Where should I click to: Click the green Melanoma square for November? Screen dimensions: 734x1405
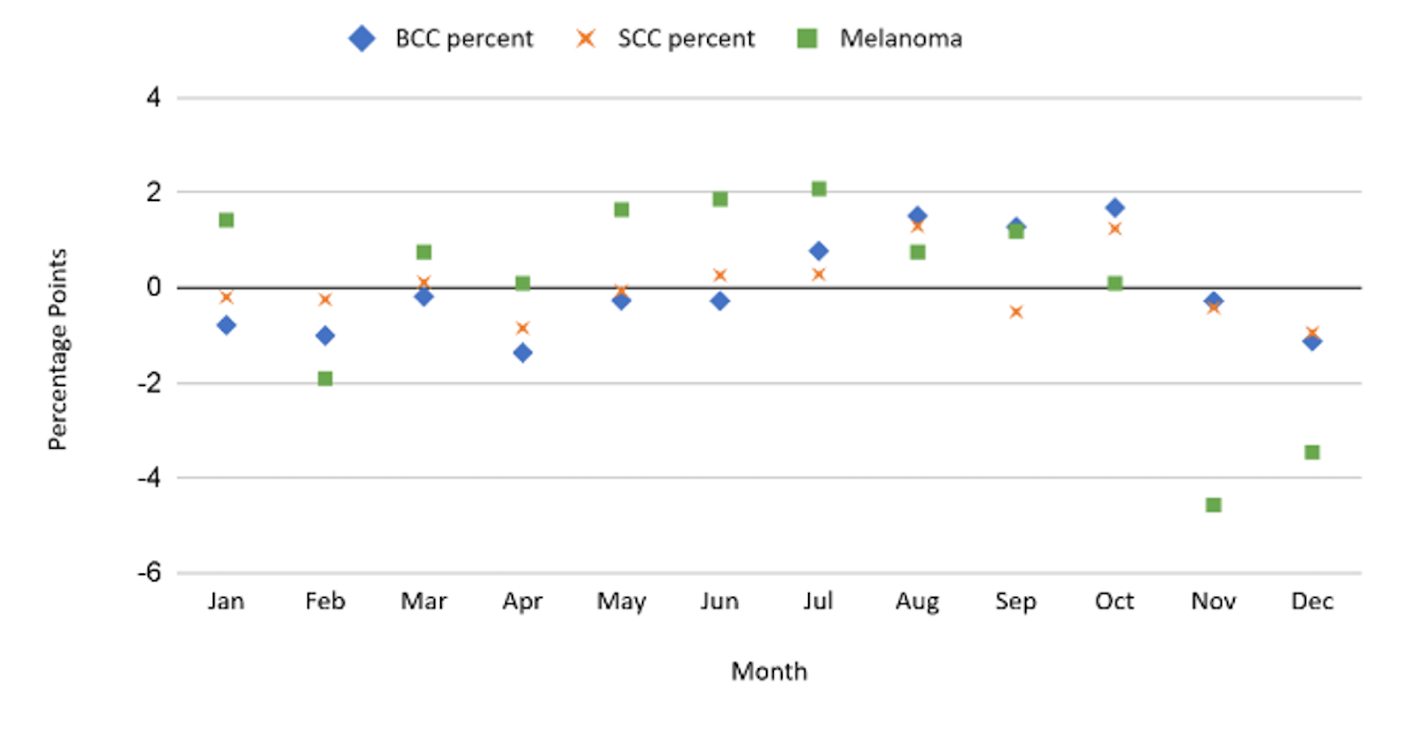pos(1213,505)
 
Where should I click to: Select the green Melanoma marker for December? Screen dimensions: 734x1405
pos(1312,452)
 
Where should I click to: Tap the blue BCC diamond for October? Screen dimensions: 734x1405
pos(1115,208)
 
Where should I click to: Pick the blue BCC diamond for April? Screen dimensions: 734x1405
pos(523,353)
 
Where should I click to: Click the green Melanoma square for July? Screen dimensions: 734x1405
pos(819,189)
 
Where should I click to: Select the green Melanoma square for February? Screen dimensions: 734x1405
pos(325,378)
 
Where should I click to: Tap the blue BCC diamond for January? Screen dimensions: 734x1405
pos(226,325)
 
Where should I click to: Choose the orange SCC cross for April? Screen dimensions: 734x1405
pos(523,328)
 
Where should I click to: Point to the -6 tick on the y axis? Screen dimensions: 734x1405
pos(149,573)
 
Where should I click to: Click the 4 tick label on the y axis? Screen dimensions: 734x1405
pos(153,98)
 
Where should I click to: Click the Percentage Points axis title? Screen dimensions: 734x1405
pos(58,349)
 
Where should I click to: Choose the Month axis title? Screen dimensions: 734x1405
pos(769,671)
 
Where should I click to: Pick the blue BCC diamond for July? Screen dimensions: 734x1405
pos(819,251)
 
